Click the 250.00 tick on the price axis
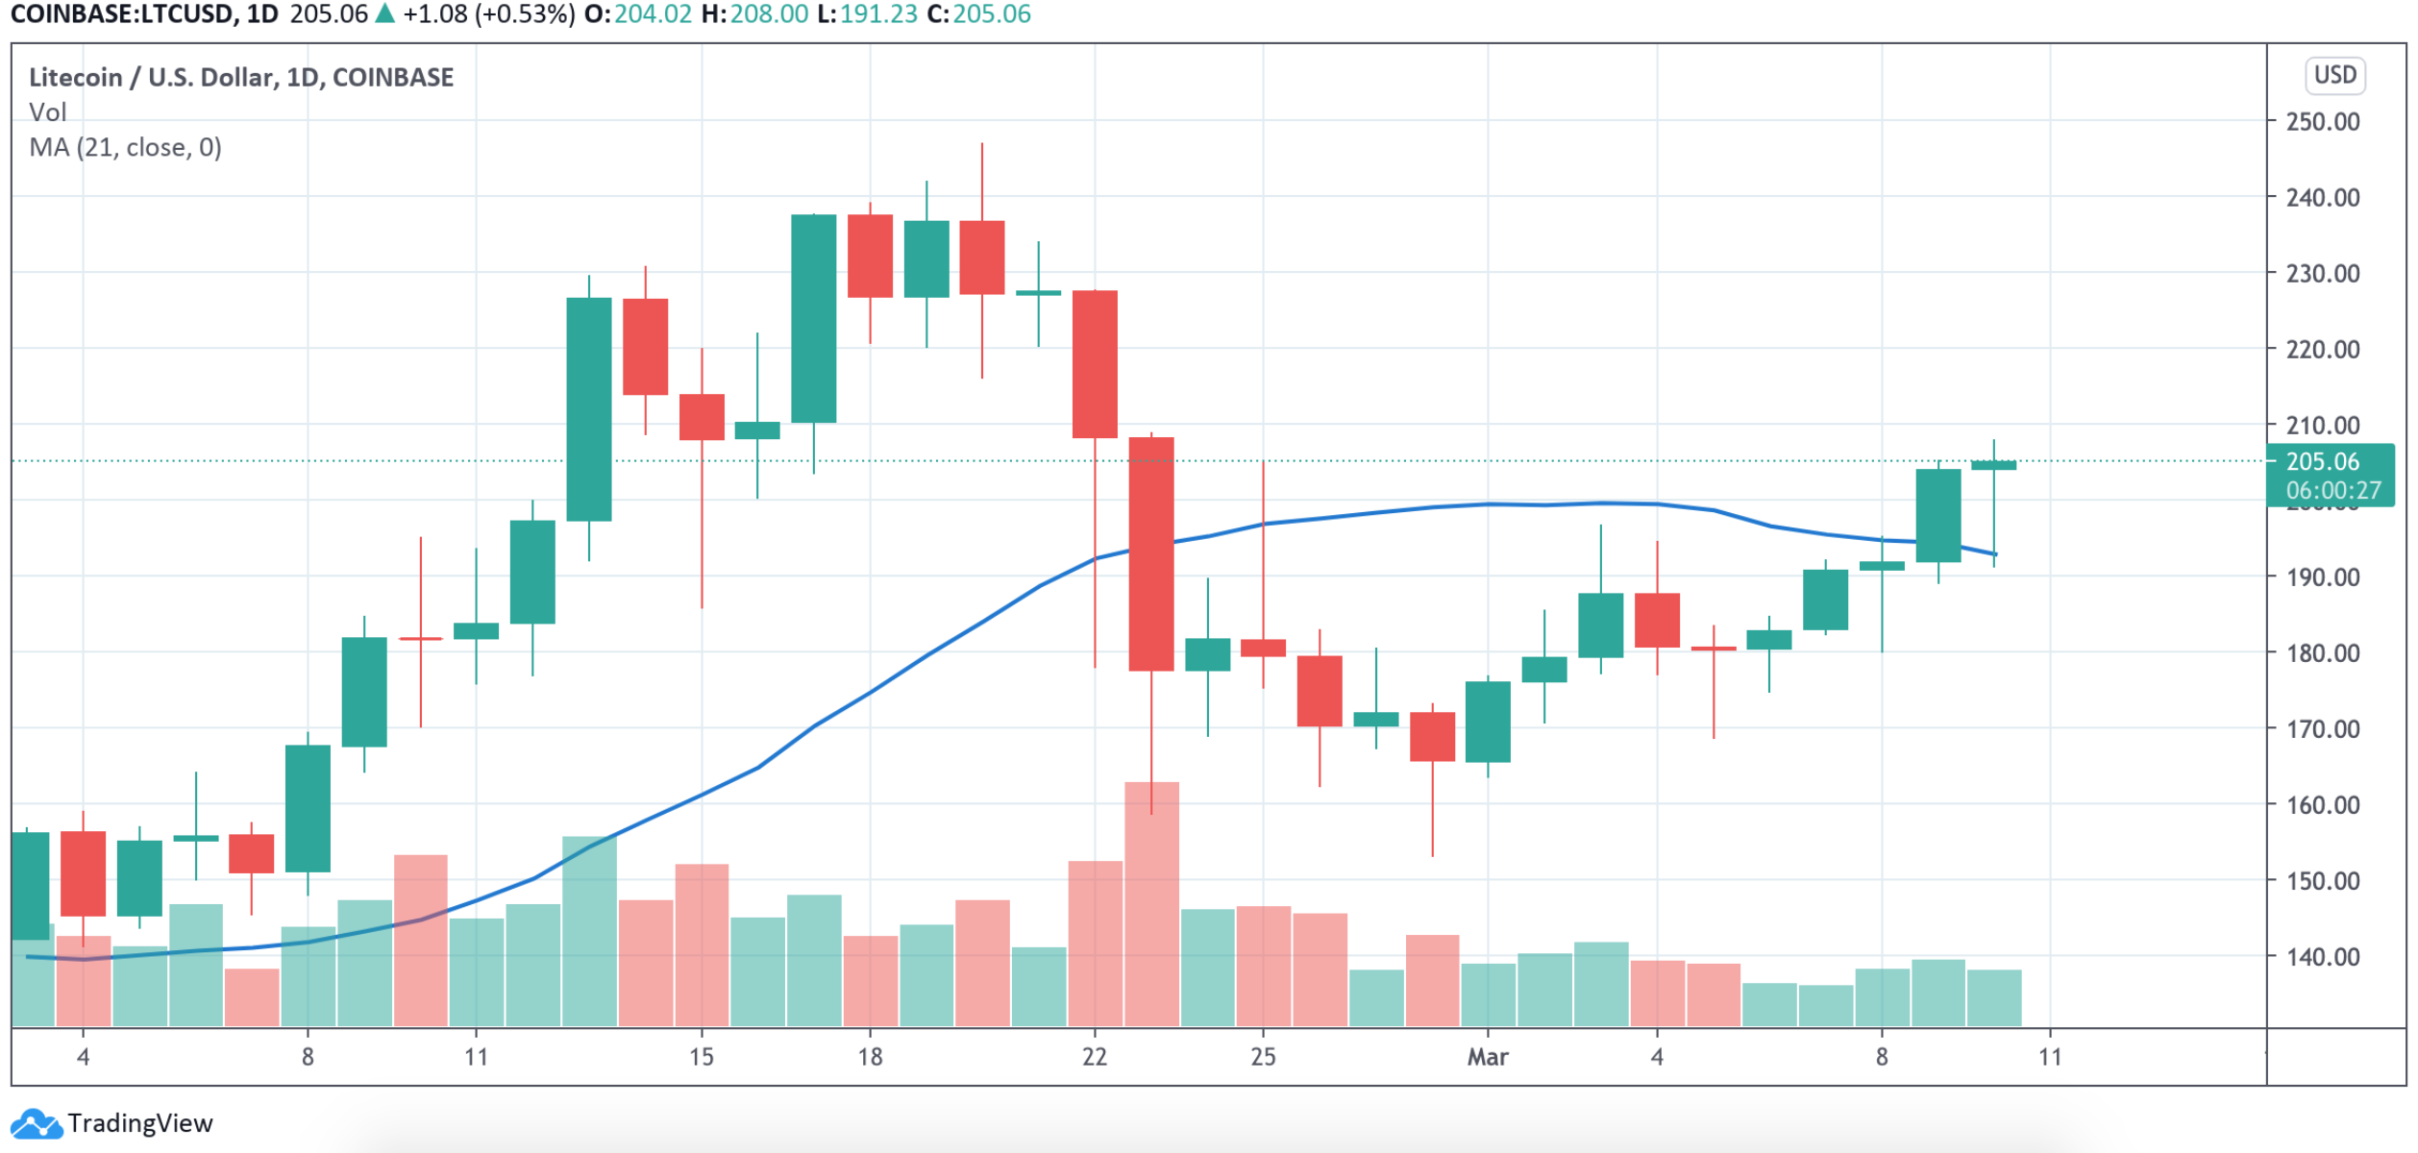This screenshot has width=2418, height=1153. click(2322, 122)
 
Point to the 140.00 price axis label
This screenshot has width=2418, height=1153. click(2322, 957)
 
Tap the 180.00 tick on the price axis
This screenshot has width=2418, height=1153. click(2322, 653)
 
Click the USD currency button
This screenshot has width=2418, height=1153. click(2334, 75)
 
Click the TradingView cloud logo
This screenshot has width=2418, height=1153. click(37, 1123)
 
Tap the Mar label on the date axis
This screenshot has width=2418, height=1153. click(1487, 1058)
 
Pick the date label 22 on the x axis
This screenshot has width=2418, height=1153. click(1095, 1058)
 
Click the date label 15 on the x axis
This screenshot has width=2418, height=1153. click(702, 1058)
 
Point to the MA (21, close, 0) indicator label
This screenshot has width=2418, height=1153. click(126, 148)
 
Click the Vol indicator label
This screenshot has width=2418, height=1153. click(48, 112)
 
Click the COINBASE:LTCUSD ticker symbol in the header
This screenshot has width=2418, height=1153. click(123, 14)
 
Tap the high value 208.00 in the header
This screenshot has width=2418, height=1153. click(768, 14)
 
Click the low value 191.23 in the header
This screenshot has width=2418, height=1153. click(878, 14)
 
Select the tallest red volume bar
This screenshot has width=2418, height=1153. click(1151, 903)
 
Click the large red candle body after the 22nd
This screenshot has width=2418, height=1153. click(1151, 553)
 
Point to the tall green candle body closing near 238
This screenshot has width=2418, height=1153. click(813, 319)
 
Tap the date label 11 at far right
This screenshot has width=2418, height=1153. click(2050, 1058)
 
